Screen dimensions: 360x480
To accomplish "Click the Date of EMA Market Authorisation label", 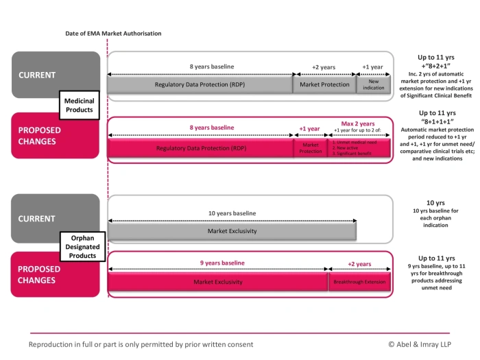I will point(113,33).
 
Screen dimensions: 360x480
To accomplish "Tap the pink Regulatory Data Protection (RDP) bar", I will point(200,148).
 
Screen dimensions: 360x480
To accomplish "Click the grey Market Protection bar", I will point(324,85).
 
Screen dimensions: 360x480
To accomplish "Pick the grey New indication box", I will point(373,85).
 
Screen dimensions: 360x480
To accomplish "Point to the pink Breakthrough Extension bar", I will point(359,282).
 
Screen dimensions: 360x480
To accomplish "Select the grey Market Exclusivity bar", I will point(232,231).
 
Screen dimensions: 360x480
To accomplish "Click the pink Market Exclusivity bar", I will point(217,282).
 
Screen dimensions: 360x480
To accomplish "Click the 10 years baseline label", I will point(232,213).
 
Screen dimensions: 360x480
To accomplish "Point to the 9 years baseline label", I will point(221,263).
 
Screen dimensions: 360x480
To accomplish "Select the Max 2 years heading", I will point(359,123).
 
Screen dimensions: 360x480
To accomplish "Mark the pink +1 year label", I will point(309,128).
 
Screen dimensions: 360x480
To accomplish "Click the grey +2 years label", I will point(324,67).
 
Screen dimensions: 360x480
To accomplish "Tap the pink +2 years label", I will point(359,264).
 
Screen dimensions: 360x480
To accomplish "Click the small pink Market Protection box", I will point(310,148).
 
